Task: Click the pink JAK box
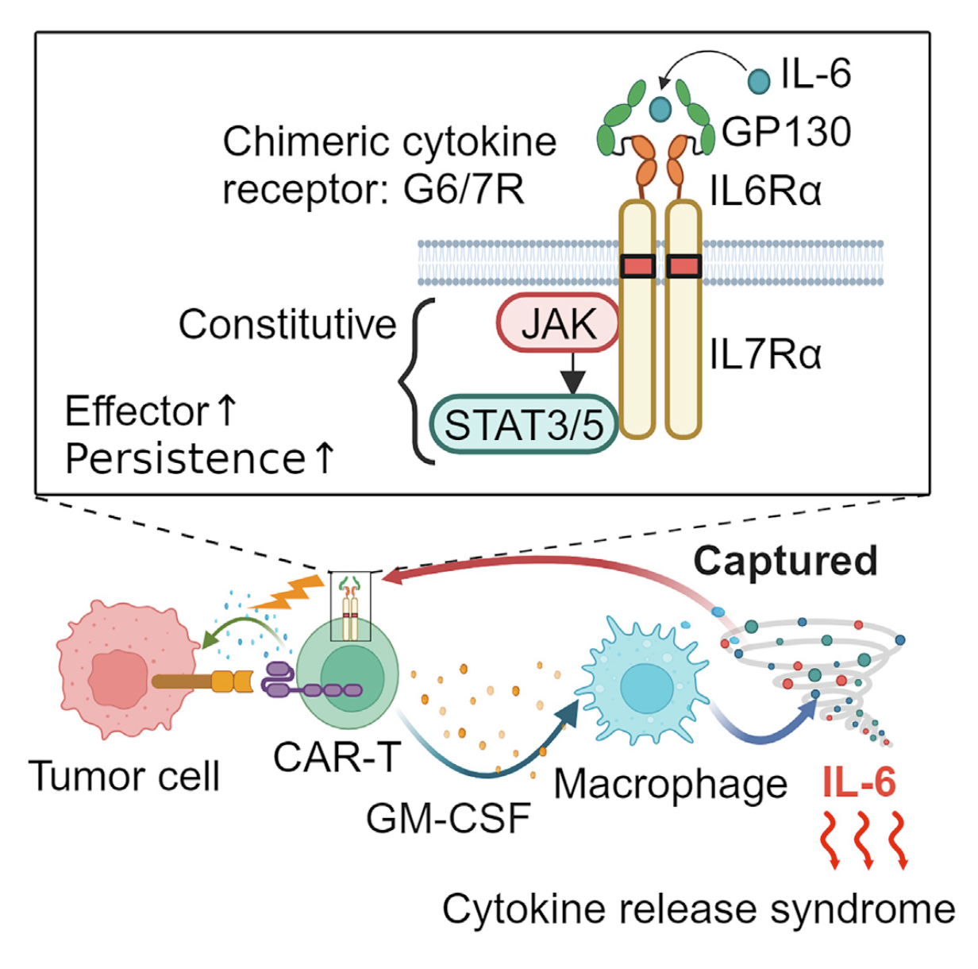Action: point(558,324)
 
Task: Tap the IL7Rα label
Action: point(765,354)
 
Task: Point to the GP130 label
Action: point(786,132)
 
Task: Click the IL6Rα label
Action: point(765,191)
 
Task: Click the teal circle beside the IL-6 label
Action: point(759,79)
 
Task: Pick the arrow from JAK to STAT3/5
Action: point(572,374)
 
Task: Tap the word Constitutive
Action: point(287,324)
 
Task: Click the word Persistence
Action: point(185,459)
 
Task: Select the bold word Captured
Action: point(785,561)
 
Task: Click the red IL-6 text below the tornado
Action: point(859,783)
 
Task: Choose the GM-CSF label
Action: point(449,819)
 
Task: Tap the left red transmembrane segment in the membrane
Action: point(637,266)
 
